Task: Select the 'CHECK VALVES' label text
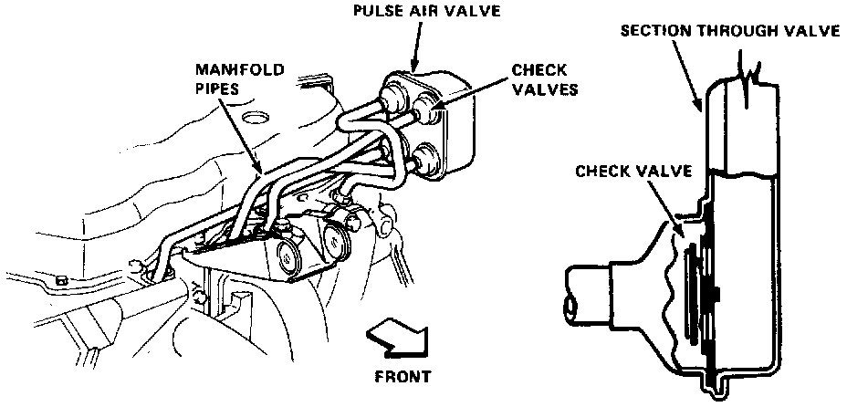tap(538, 79)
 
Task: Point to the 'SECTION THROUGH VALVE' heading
tap(729, 31)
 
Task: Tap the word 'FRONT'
tap(402, 375)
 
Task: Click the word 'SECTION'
tap(651, 31)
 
